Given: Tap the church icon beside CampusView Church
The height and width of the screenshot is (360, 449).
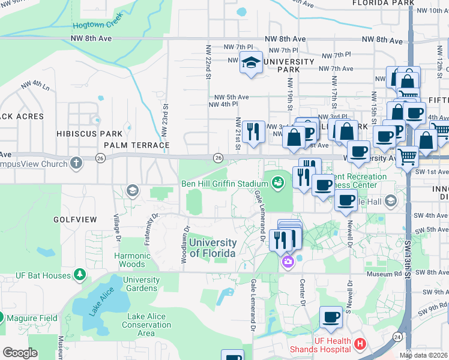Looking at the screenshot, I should pos(76,163).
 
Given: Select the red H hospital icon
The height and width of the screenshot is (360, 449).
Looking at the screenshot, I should pos(360,344).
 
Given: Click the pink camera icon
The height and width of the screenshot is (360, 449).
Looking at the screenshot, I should pos(288,261).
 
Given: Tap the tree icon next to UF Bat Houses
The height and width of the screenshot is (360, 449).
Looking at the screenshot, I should pos(79,274).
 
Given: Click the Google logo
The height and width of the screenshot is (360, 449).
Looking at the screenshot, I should pos(20,353).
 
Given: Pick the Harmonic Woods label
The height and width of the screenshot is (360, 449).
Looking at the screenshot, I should pos(131,260).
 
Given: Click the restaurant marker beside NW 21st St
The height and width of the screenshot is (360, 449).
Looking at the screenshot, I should pos(253,131).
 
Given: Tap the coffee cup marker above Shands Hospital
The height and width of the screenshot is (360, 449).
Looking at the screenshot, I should pos(331,316).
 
